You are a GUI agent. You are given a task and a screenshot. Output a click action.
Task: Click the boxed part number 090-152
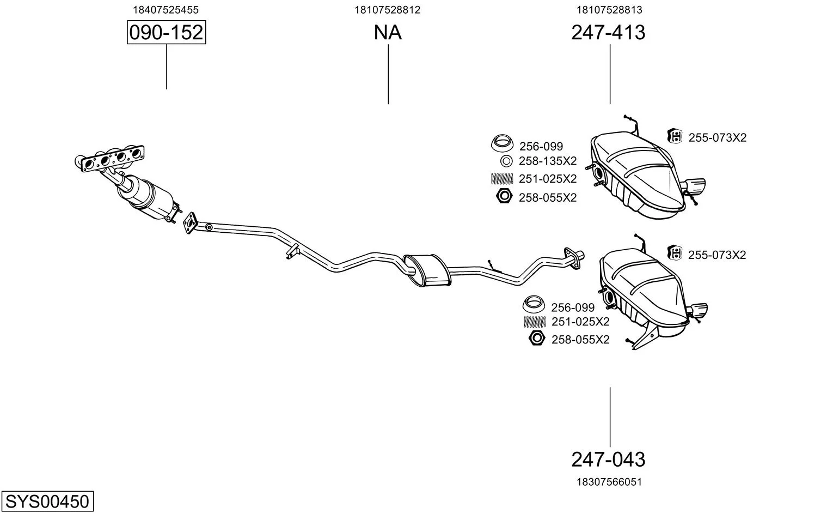pos(166,33)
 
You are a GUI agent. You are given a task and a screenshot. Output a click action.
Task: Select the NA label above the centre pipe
pos(388,33)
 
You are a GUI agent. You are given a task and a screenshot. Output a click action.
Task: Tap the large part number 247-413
pos(608,33)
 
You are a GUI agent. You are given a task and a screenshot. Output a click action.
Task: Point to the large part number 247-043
pos(608,460)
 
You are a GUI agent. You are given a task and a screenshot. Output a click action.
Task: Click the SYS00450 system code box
pos(47,501)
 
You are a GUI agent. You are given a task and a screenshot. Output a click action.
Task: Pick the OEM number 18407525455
pos(166,10)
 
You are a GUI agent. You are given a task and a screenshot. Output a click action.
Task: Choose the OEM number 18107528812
pos(387,10)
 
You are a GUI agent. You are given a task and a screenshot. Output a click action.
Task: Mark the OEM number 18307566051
pos(609,482)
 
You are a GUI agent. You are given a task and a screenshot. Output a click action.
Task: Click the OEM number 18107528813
pos(609,10)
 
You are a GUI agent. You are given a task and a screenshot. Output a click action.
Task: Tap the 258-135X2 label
pos(547,161)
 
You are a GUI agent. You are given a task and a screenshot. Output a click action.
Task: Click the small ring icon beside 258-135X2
pos(506,161)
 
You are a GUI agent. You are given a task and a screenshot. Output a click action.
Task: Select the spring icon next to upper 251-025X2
pos(502,178)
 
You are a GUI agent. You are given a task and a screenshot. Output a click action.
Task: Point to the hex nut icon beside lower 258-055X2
pos(537,339)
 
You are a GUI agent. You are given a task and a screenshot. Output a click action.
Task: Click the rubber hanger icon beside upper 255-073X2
pos(675,136)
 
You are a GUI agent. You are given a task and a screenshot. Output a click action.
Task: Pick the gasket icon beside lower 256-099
pos(534,303)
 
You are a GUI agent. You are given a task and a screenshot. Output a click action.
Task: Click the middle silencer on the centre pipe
pos(426,269)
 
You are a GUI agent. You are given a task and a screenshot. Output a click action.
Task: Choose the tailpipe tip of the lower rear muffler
pos(699,311)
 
